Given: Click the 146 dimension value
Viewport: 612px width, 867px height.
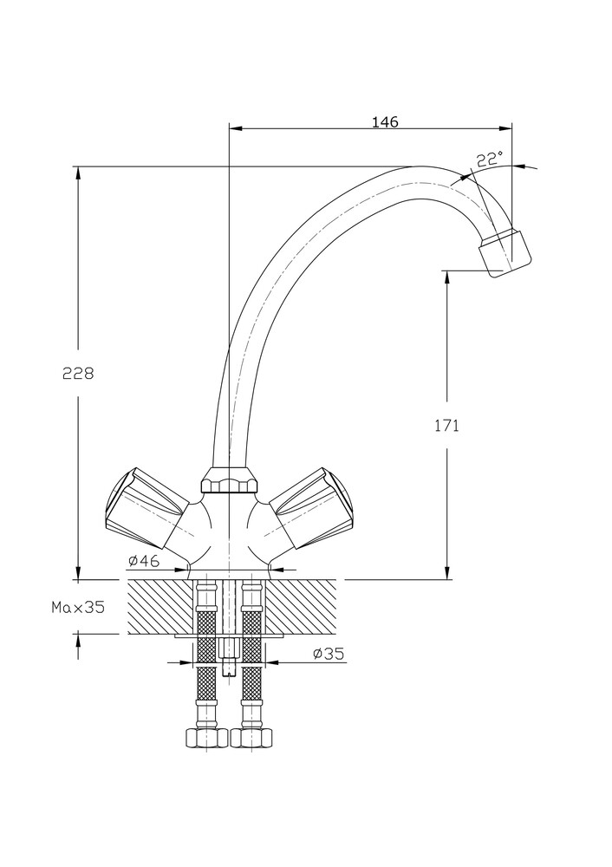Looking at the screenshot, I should [385, 122].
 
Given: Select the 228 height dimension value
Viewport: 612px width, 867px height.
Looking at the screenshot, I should [78, 374].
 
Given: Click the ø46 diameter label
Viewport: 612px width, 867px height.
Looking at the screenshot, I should [144, 561].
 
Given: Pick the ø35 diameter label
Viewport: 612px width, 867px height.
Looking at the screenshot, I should [329, 654].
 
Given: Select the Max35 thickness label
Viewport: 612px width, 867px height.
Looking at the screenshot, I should [77, 607].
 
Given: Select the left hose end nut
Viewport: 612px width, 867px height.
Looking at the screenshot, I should [205, 738].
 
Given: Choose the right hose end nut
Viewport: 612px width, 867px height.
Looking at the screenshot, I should [252, 738].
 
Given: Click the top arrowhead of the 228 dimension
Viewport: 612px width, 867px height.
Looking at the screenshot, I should [78, 173].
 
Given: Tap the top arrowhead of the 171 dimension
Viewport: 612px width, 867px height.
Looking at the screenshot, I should [447, 277].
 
